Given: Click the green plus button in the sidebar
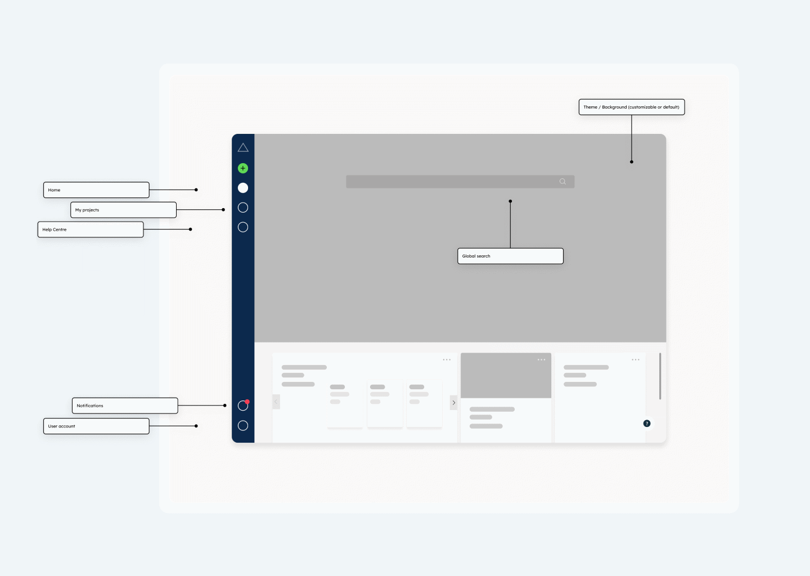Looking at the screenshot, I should point(243,168).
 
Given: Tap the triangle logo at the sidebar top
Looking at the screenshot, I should point(243,148).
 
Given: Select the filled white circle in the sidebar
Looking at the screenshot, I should point(243,188).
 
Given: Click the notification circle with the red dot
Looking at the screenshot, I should point(243,406).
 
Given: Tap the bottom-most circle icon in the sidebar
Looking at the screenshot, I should point(243,426).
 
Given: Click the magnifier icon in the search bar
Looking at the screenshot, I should point(562,182).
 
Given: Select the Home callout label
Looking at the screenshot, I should point(96,190).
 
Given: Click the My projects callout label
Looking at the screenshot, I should point(123,210).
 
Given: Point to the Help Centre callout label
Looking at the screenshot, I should point(91,229).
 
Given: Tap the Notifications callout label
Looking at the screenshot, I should point(125,406).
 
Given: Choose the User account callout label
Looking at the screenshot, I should point(96,426).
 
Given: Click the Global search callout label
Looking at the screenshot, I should point(510,256).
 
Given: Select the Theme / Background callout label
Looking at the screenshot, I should point(632,107).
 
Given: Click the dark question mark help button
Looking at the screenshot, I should point(647,424).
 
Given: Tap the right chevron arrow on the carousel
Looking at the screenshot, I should point(454,403).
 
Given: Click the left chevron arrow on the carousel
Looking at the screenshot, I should point(276,402).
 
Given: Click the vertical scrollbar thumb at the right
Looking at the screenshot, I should point(660,376).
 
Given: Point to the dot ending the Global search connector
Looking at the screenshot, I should point(510,201).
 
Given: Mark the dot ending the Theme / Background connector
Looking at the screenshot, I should point(632,162).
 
